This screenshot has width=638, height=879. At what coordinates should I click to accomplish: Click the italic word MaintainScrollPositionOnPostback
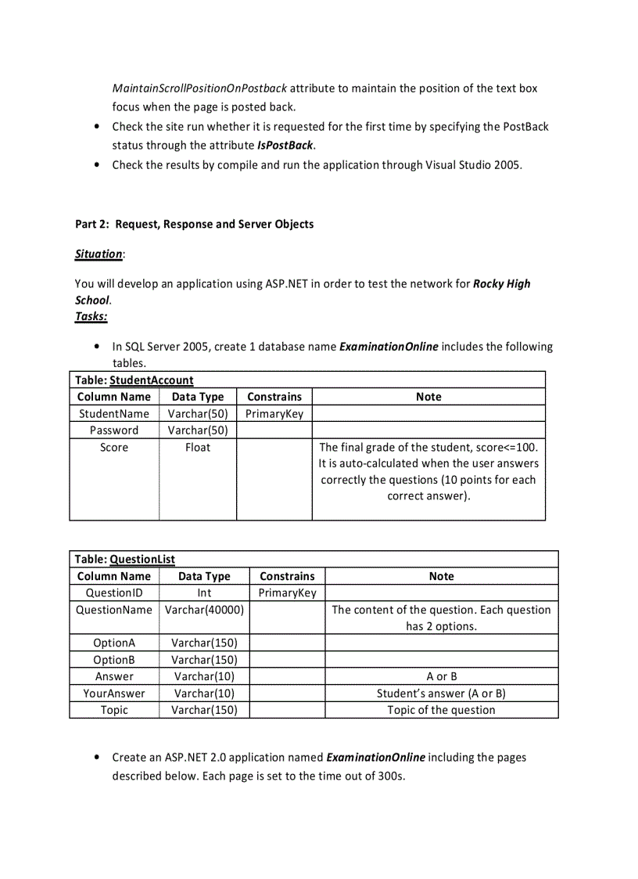tap(199, 88)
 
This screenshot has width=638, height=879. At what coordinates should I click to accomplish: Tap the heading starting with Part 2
tap(194, 224)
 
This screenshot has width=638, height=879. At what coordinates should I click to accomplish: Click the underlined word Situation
tap(99, 254)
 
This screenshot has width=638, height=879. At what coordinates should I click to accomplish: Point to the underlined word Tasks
tap(91, 316)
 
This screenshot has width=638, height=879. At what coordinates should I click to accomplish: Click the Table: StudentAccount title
tap(134, 380)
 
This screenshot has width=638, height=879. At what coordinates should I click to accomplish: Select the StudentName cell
tap(114, 413)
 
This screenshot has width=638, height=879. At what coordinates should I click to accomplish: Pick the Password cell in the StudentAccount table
tap(114, 430)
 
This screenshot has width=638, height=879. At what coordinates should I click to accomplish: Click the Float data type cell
tap(198, 447)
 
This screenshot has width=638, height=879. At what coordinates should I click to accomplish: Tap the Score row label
tap(114, 447)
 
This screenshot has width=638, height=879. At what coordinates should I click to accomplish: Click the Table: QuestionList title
tap(125, 559)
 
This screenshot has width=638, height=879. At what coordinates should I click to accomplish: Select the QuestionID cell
tap(114, 593)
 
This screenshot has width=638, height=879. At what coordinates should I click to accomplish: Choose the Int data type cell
tap(204, 593)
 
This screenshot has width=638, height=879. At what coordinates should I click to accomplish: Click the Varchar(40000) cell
tap(204, 610)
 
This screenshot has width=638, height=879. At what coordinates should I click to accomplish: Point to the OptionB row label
tap(114, 660)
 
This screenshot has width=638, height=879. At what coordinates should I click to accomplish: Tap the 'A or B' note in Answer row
tap(441, 676)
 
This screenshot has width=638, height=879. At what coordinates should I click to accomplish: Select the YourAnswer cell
tap(114, 693)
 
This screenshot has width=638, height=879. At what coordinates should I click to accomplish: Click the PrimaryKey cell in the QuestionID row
tap(287, 593)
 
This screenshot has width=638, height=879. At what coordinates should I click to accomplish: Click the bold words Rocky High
tap(501, 283)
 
